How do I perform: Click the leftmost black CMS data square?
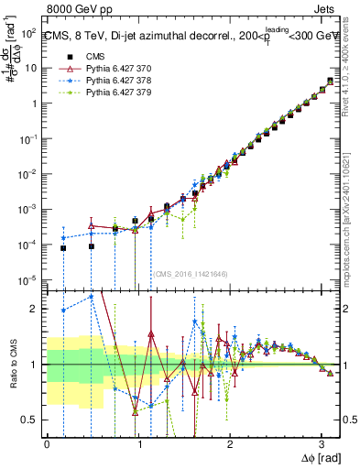tap(63, 248)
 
